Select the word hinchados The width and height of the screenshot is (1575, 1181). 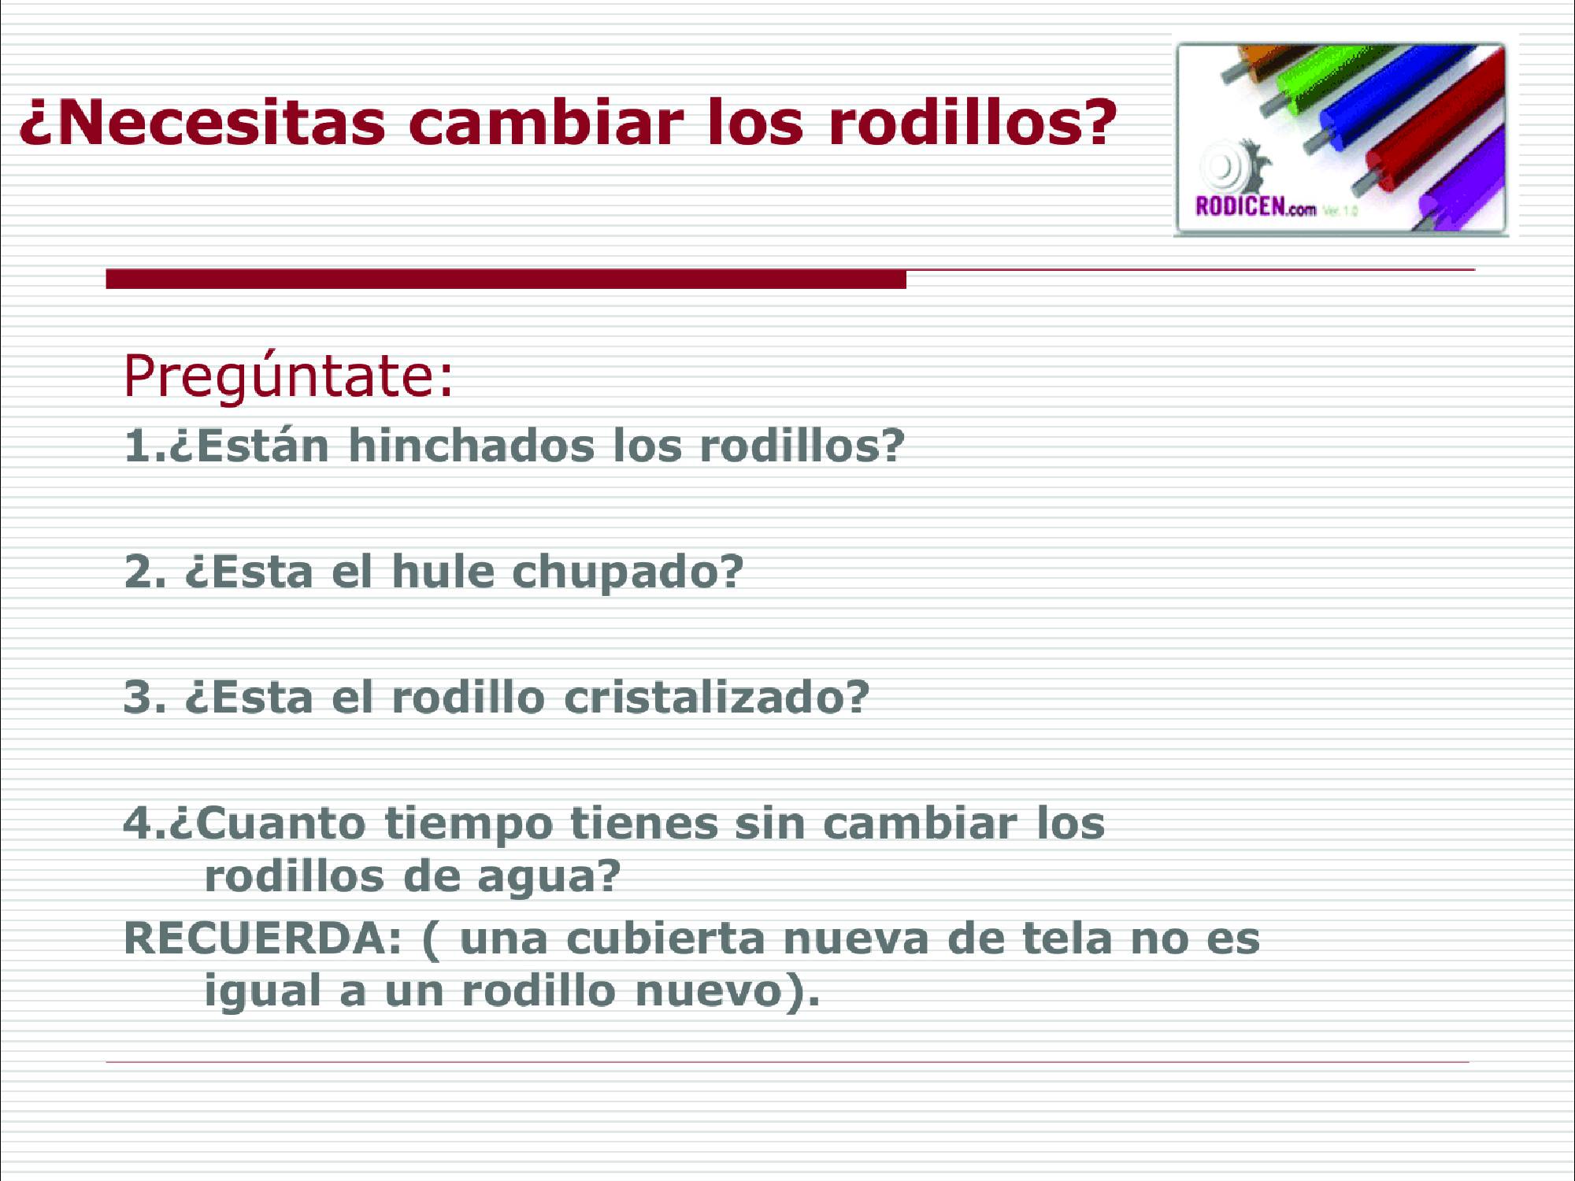tap(472, 446)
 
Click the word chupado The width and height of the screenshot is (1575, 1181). tap(628, 573)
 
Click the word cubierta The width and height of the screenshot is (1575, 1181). tap(665, 938)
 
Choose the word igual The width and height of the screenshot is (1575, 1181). tap(262, 992)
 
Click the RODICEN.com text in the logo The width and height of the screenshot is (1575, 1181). tap(1255, 207)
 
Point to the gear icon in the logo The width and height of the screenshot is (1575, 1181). tap(1232, 165)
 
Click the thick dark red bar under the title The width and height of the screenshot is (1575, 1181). tap(506, 280)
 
